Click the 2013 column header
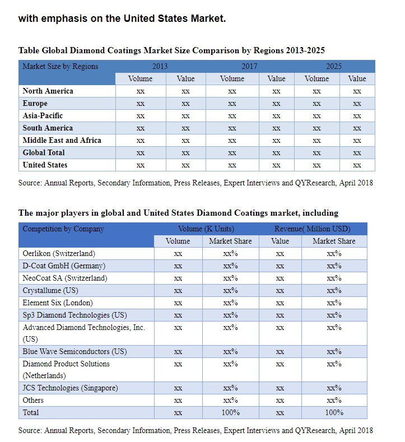(x=160, y=66)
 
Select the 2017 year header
(x=249, y=66)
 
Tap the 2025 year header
(x=334, y=66)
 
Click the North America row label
(x=48, y=91)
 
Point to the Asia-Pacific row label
(x=43, y=115)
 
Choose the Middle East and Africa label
(x=62, y=141)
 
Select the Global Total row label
(x=44, y=152)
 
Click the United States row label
(x=45, y=165)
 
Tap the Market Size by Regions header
(x=60, y=67)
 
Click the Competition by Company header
(x=63, y=229)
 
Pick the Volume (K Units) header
(x=206, y=229)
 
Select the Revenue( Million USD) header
(x=313, y=229)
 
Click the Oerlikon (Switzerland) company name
(x=59, y=254)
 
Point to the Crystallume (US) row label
(x=50, y=291)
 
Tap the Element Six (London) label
(x=58, y=303)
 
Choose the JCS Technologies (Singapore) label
(x=71, y=388)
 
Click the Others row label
(x=33, y=401)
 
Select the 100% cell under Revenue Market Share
(x=334, y=413)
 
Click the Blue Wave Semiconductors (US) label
(x=75, y=352)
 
